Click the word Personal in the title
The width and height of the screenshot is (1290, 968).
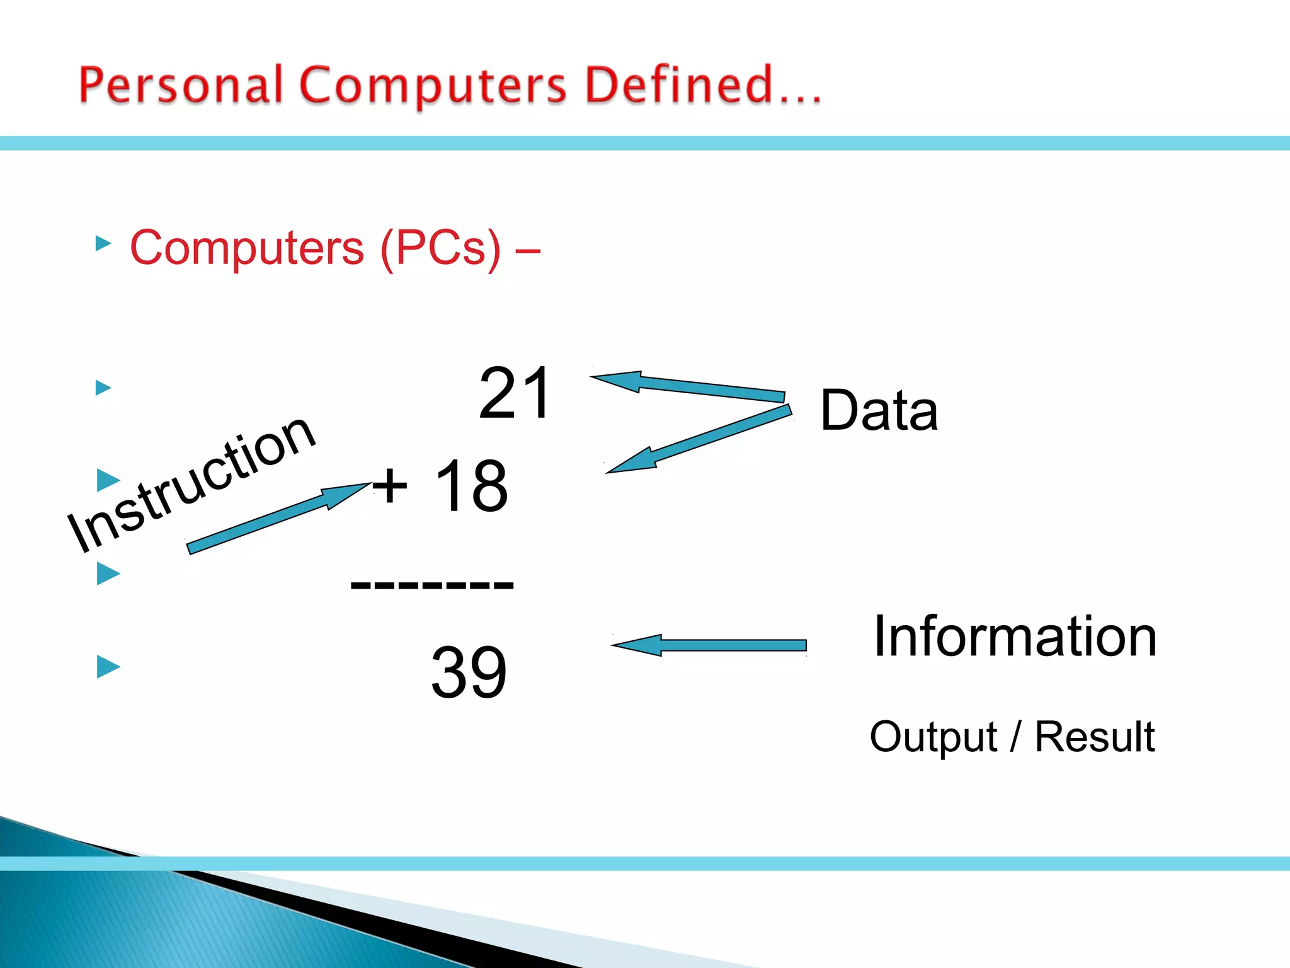click(x=181, y=85)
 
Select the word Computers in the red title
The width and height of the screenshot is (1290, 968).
click(x=433, y=86)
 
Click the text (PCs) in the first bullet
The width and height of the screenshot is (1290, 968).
click(x=441, y=248)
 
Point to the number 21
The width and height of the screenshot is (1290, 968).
click(x=515, y=393)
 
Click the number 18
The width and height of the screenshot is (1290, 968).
click(x=471, y=486)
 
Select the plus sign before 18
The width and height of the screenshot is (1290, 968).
click(x=390, y=485)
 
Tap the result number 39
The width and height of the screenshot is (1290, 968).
click(x=469, y=672)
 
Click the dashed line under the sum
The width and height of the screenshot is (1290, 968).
click(x=432, y=585)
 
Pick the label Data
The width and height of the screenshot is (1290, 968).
click(x=879, y=410)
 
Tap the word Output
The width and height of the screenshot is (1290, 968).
click(x=933, y=737)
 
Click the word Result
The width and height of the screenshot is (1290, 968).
click(x=1095, y=737)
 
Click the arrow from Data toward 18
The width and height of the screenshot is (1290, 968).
click(x=698, y=439)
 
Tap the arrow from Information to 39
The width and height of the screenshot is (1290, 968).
click(x=709, y=645)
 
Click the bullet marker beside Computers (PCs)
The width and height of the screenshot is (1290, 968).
click(x=103, y=243)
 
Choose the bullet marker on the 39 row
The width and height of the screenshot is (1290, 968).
click(x=108, y=666)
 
